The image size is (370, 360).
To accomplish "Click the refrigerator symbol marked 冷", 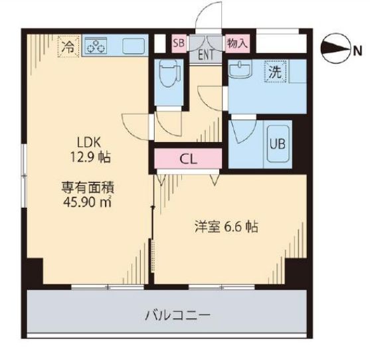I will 68,46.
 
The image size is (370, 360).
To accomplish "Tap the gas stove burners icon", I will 98,46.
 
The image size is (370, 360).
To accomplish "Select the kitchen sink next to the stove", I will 133,46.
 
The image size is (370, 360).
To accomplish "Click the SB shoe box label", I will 178,44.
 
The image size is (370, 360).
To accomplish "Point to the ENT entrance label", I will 205,54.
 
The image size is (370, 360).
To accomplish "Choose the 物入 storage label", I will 236,44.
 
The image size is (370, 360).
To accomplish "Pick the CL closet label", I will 188,159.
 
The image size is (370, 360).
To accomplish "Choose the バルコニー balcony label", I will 169,314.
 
